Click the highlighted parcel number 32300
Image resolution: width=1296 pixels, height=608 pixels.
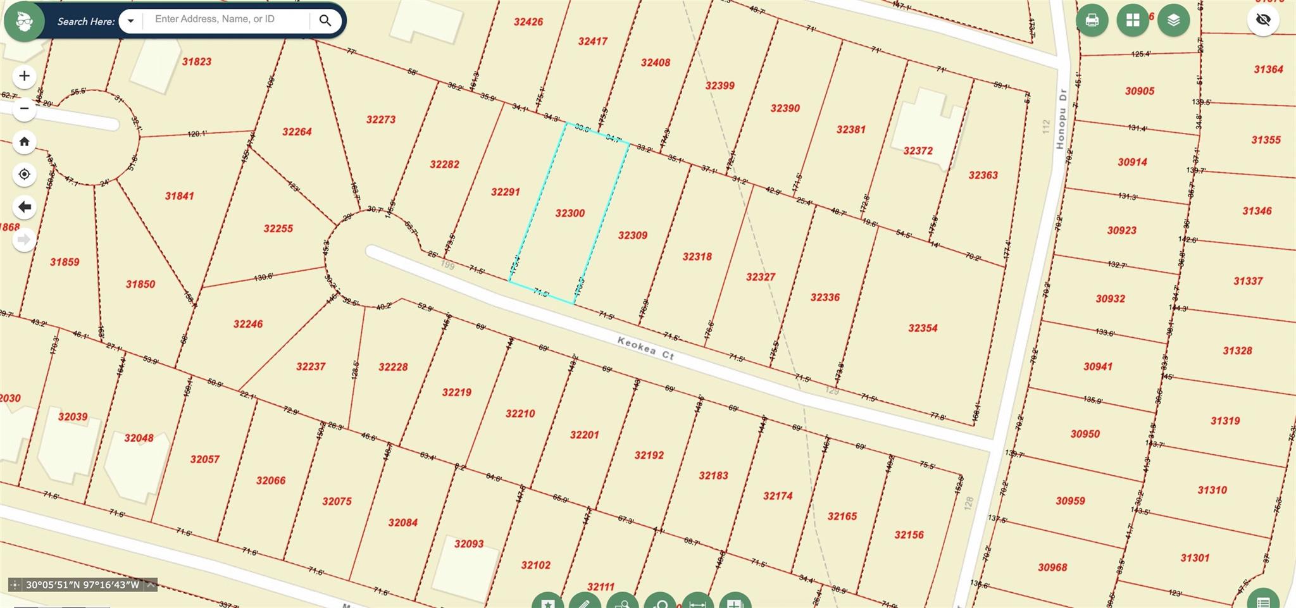point(570,213)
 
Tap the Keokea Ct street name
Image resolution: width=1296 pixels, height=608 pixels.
point(645,348)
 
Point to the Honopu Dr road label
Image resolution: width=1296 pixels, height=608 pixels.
point(1061,118)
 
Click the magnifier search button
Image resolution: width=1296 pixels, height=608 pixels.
point(325,20)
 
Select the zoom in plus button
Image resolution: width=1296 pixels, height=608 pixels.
point(24,76)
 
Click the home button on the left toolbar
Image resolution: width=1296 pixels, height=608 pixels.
point(24,141)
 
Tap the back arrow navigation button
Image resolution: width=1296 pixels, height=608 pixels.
point(24,207)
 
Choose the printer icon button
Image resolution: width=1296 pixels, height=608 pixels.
point(1092,20)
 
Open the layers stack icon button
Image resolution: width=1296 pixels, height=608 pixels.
point(1173,20)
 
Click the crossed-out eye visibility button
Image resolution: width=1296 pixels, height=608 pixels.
point(1263,20)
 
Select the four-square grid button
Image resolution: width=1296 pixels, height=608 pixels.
point(1133,20)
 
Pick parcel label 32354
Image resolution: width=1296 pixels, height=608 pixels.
point(922,328)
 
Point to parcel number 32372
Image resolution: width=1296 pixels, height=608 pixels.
point(918,151)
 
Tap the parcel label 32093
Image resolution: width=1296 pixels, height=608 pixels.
point(468,543)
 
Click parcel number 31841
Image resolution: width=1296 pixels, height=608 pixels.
point(179,196)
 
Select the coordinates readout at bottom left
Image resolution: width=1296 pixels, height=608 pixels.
point(82,585)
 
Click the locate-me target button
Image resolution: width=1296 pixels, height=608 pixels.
point(24,174)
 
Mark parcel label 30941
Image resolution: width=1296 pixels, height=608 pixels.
point(1097,366)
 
